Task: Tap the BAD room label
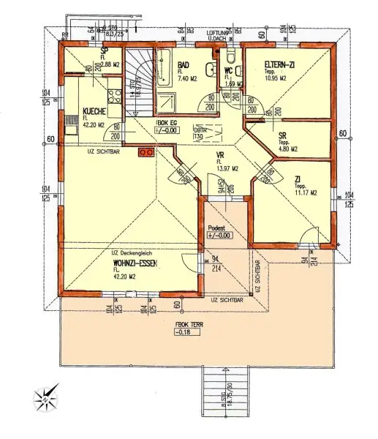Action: click(186, 65)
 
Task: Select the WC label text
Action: click(228, 71)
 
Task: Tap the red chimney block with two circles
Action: click(145, 152)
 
